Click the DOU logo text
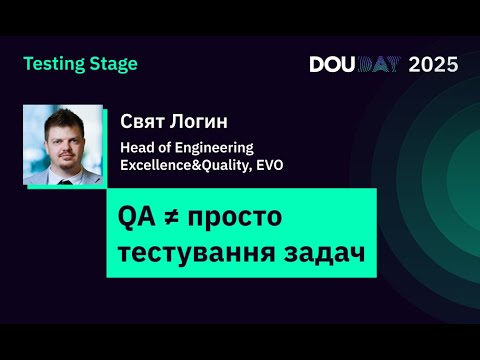point(332,65)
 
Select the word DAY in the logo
point(380,65)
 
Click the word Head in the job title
point(136,147)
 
